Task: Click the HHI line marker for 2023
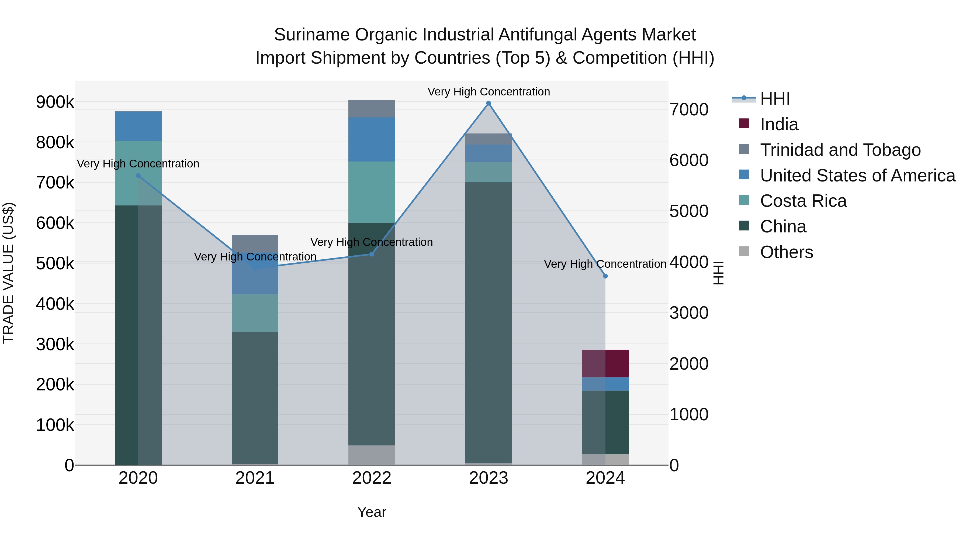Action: (x=489, y=103)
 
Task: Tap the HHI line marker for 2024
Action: (x=605, y=276)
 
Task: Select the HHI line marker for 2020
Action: (x=138, y=176)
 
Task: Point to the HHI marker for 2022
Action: (x=372, y=254)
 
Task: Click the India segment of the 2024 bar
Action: (x=605, y=364)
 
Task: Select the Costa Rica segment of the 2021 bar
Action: (x=255, y=313)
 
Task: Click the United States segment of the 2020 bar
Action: (x=138, y=126)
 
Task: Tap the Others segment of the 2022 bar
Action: (x=372, y=455)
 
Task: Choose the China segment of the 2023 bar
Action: (x=489, y=322)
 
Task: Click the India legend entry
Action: (x=779, y=124)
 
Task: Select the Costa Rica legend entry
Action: (x=803, y=201)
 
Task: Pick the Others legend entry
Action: (x=786, y=252)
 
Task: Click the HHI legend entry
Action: (x=775, y=99)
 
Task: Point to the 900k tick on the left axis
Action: (x=55, y=102)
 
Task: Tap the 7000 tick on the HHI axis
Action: (x=689, y=110)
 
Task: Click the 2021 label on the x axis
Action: (x=255, y=478)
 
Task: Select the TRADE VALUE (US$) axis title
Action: (x=8, y=273)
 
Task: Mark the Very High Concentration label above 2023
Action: (x=489, y=92)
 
